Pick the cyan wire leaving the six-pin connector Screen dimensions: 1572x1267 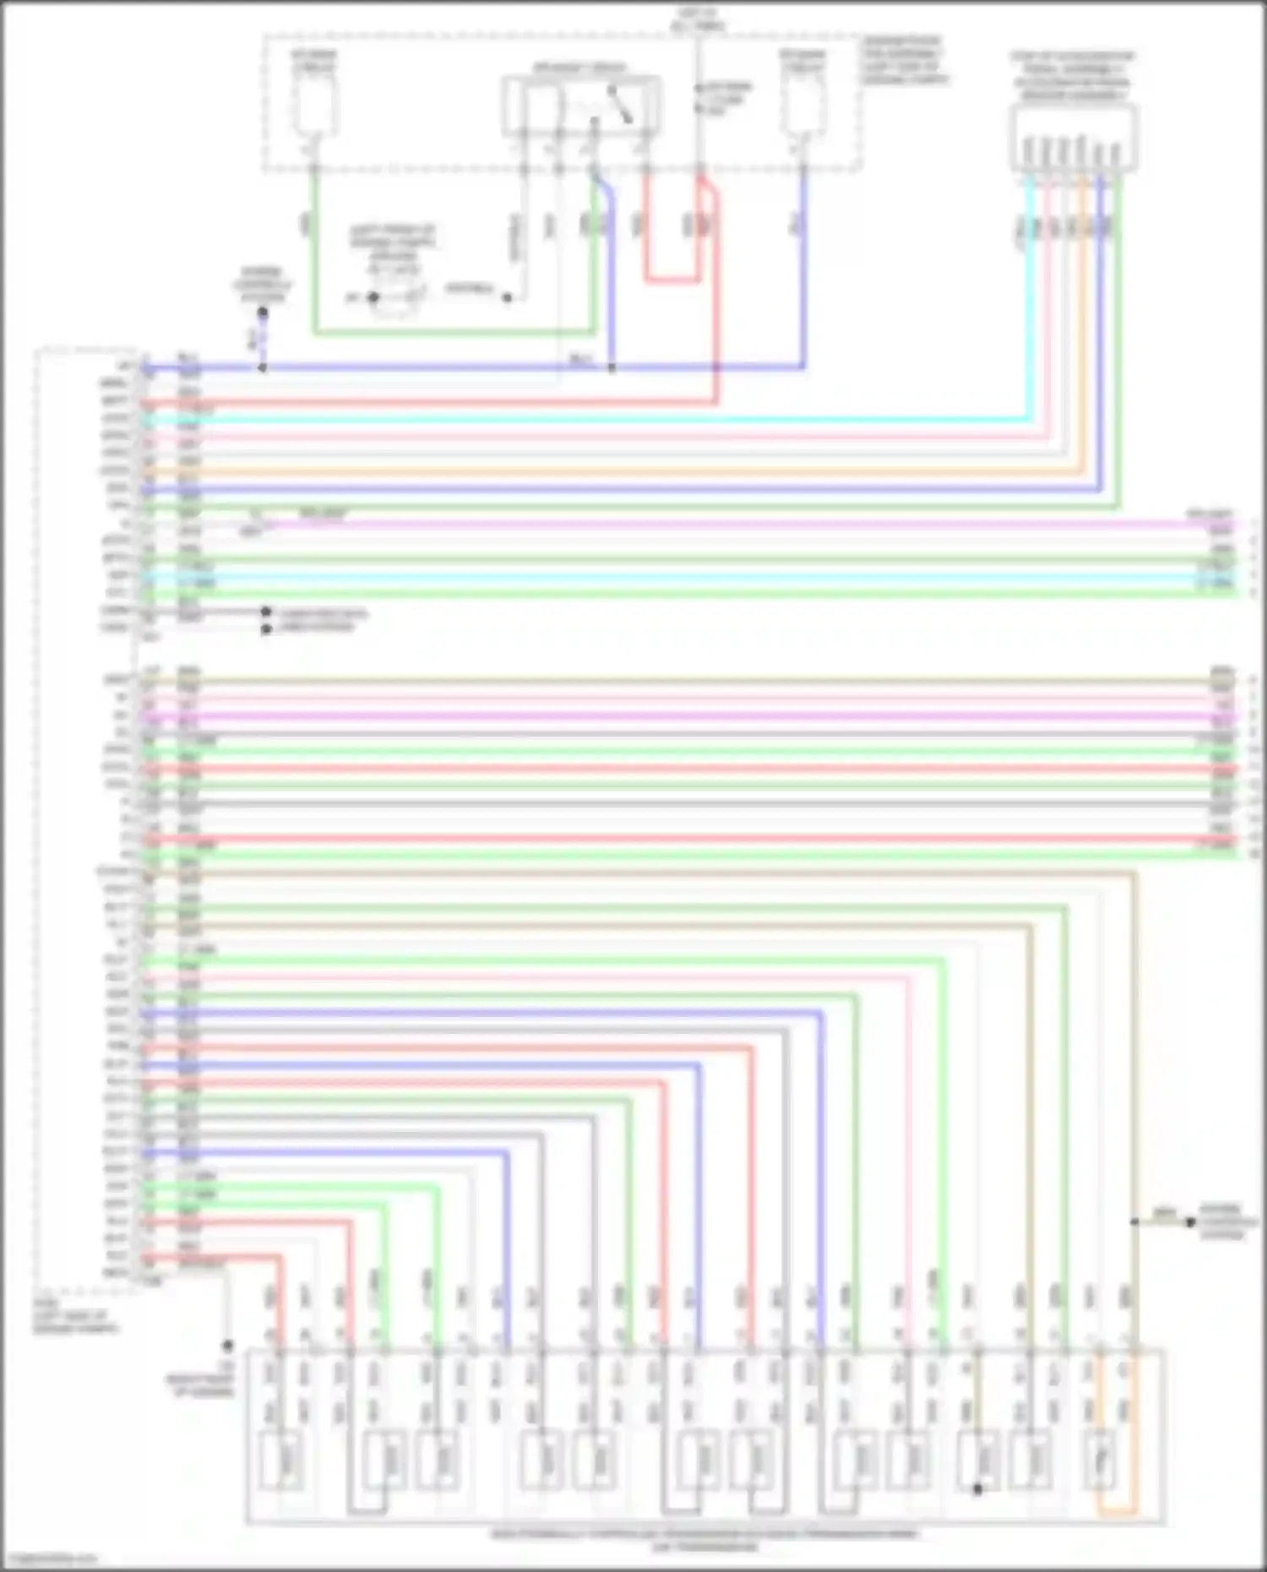point(1030,296)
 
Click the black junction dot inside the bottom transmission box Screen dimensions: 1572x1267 point(977,1489)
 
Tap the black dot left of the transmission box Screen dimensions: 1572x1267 point(227,1345)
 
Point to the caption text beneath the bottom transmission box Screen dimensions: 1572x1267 point(705,1539)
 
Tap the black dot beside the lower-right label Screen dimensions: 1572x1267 point(1190,1221)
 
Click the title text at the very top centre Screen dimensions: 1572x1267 point(698,19)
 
